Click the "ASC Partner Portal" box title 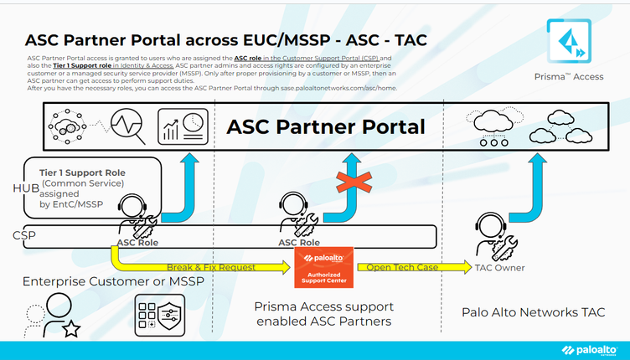click(326, 127)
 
